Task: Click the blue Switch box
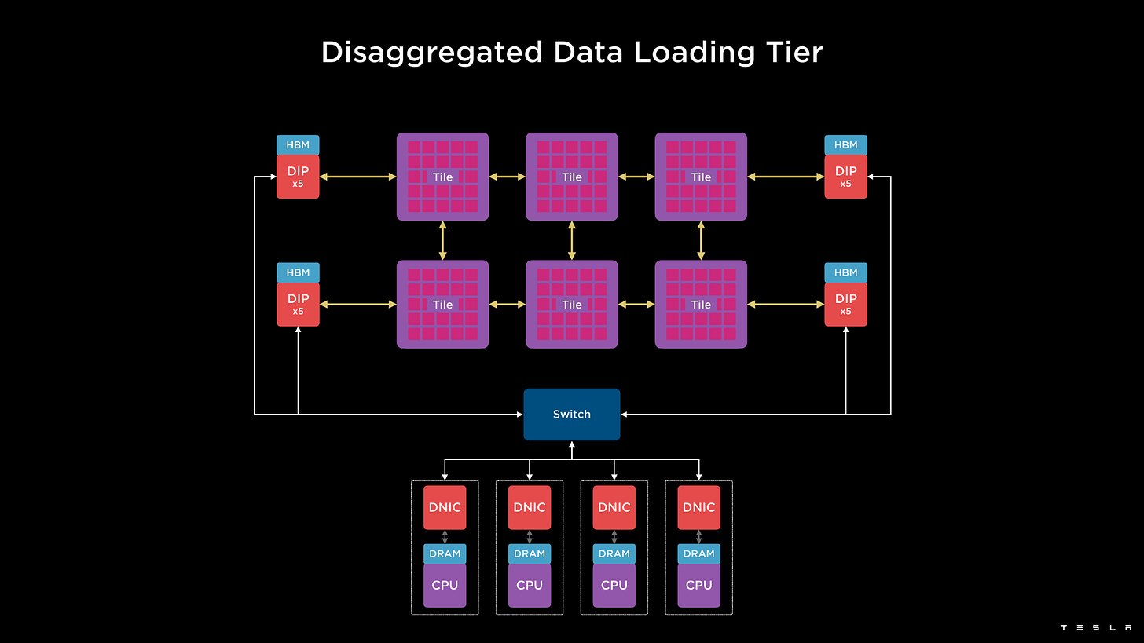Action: [571, 414]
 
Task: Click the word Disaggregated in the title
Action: [431, 53]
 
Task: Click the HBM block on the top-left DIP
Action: [298, 145]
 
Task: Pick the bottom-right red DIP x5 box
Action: [845, 304]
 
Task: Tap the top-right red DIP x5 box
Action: [845, 177]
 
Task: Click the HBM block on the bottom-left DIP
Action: [298, 272]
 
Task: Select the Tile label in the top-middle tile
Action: [571, 177]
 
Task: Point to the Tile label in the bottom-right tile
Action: [701, 305]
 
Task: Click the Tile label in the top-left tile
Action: [442, 177]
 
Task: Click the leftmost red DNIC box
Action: [445, 507]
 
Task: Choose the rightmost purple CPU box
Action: [698, 586]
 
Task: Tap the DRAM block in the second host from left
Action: [530, 553]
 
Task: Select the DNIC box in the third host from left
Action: [614, 507]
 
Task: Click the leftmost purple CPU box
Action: [445, 586]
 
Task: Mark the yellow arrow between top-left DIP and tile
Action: [357, 177]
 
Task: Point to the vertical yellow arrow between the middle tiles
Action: [571, 240]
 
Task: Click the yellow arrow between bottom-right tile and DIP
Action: [785, 304]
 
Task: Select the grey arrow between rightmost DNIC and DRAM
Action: [698, 537]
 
